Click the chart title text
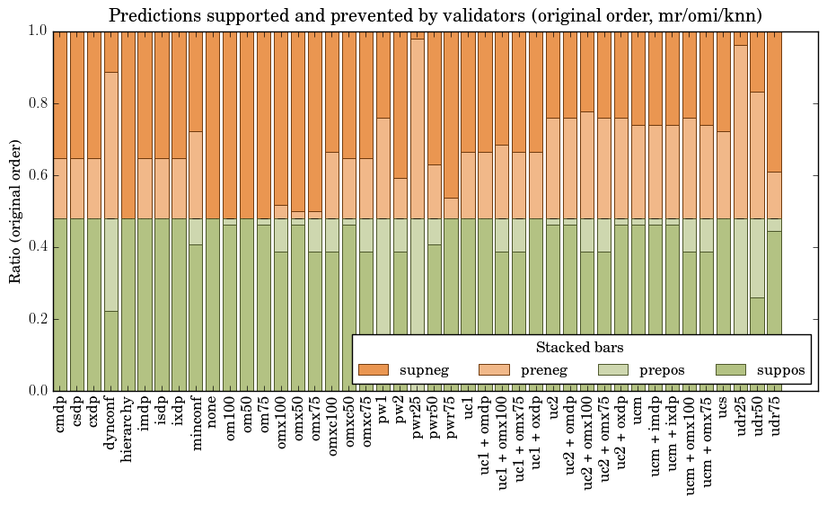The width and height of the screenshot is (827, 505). pyautogui.click(x=436, y=15)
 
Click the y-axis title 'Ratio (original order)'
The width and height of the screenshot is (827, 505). pyautogui.click(x=15, y=211)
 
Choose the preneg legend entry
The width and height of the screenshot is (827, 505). pyautogui.click(x=538, y=369)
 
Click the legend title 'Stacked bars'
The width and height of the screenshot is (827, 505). pyautogui.click(x=580, y=347)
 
